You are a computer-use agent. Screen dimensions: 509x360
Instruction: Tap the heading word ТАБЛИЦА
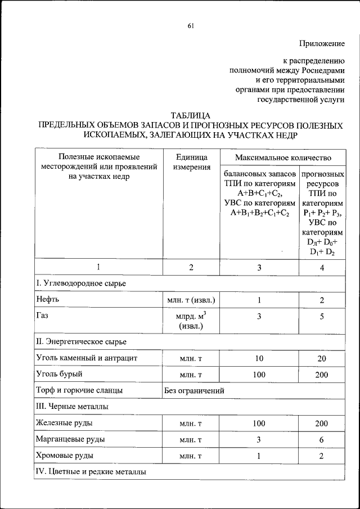[191, 115]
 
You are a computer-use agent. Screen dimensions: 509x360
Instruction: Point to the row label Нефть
[47, 300]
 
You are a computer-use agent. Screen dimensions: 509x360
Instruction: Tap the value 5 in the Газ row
[322, 317]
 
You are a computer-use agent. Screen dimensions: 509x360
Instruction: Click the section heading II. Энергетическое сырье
[81, 341]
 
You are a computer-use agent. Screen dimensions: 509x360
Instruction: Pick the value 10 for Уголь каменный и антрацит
[259, 358]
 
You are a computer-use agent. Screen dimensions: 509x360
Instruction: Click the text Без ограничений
[194, 390]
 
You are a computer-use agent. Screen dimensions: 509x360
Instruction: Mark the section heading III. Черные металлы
[72, 406]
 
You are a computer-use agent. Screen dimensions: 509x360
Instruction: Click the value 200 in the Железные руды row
[322, 423]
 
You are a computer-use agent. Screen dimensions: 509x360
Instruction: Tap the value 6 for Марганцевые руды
[322, 439]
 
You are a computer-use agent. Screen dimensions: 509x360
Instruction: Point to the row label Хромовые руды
[64, 456]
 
